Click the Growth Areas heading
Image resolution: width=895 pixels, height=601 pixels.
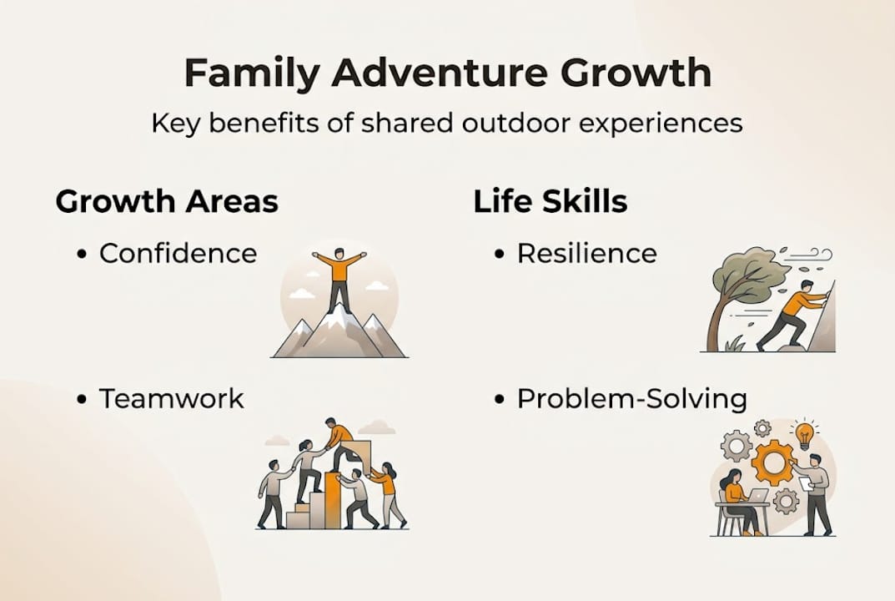[167, 202]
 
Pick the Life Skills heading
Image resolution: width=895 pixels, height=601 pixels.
[551, 202]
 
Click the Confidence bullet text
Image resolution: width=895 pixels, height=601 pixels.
[178, 253]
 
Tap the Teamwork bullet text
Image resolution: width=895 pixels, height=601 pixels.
[172, 399]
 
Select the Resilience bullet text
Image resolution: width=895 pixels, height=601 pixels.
[586, 253]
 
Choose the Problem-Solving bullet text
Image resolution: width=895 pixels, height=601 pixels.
[631, 399]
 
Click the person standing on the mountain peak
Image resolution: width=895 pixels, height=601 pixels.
[339, 279]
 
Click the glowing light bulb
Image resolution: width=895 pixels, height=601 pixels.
[804, 434]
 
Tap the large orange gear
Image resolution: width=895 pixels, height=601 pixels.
[772, 463]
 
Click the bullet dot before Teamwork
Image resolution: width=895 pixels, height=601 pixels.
[82, 400]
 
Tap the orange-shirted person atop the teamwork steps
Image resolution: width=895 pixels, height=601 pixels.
[338, 441]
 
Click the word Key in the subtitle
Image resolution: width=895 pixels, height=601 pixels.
[173, 124]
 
